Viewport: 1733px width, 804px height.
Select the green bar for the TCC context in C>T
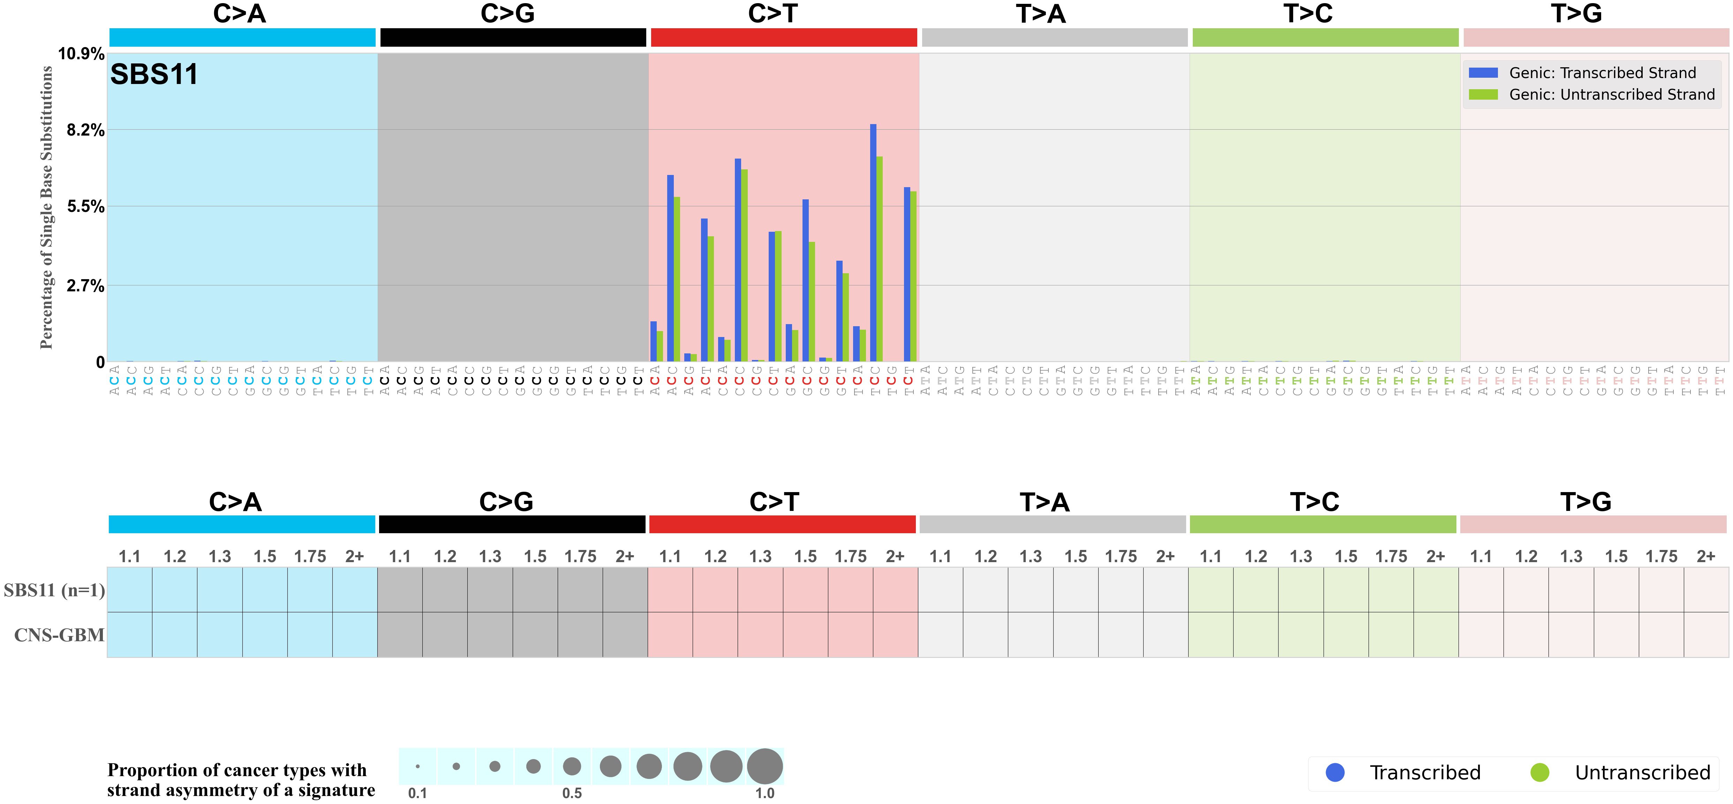(x=879, y=259)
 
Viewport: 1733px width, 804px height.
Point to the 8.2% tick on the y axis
(x=85, y=130)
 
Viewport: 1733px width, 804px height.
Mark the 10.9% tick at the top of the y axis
(x=81, y=54)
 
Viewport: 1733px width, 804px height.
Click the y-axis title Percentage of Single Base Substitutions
(x=46, y=207)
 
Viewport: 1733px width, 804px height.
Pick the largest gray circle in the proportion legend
(x=765, y=766)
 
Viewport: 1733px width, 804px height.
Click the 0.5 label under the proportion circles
(x=572, y=793)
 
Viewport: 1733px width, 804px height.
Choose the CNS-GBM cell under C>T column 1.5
(x=805, y=635)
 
